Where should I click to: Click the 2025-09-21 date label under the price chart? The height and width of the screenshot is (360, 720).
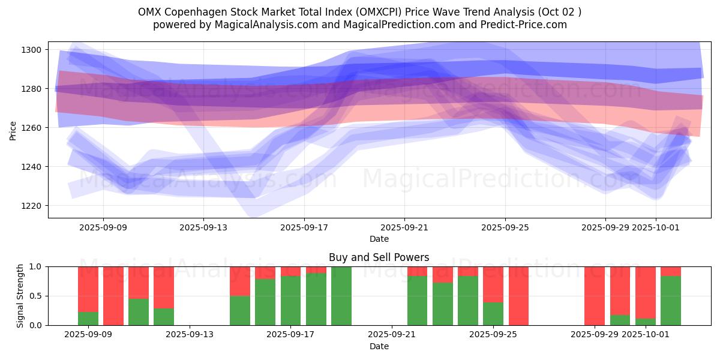point(404,227)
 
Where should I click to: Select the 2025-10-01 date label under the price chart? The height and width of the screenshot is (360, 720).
point(655,227)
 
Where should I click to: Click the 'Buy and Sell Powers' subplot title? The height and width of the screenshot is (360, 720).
point(379,257)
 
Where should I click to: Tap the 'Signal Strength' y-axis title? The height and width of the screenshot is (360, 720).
point(20,296)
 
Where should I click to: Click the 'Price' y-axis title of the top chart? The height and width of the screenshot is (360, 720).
point(13,130)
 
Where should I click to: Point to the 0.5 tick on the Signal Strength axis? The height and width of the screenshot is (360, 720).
point(37,296)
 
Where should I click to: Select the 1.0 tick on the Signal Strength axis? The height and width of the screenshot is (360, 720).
point(37,266)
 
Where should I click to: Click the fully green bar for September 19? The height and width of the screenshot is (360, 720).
point(341,296)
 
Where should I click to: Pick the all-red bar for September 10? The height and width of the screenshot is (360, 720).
point(113,296)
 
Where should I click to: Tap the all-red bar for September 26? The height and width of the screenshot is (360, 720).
point(518,296)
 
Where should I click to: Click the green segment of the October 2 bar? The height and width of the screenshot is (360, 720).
point(671,301)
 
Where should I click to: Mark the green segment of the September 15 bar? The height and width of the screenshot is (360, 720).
point(240,310)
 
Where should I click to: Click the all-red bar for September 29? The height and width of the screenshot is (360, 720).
point(595,296)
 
